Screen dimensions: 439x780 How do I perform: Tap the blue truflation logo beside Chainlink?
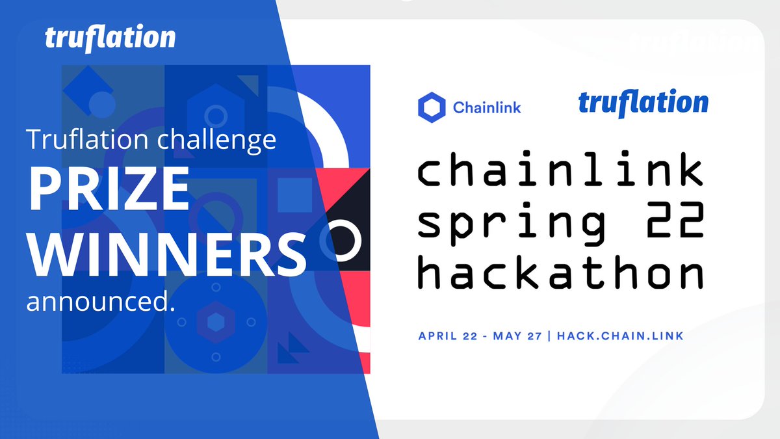643,104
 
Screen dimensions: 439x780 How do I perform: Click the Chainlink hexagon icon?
431,107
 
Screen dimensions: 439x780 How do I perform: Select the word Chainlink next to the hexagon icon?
486,107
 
